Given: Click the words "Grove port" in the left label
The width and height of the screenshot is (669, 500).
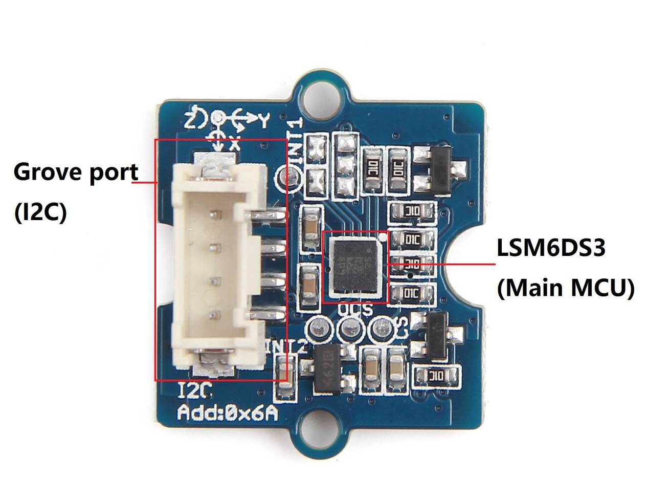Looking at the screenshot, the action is tap(76, 173).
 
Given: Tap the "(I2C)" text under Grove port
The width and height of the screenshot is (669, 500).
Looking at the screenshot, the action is tap(40, 211).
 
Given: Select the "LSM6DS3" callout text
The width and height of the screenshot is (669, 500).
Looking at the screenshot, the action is tap(551, 248).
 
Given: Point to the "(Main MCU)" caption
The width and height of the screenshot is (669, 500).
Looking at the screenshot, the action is tap(566, 288).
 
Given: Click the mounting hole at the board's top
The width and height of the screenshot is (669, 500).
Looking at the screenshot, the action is tap(321, 97).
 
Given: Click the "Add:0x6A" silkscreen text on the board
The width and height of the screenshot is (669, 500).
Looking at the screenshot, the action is tap(228, 412).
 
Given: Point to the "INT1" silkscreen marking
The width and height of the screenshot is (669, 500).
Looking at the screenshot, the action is tap(295, 138).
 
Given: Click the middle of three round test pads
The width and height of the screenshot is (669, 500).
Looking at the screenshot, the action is tap(350, 328).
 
